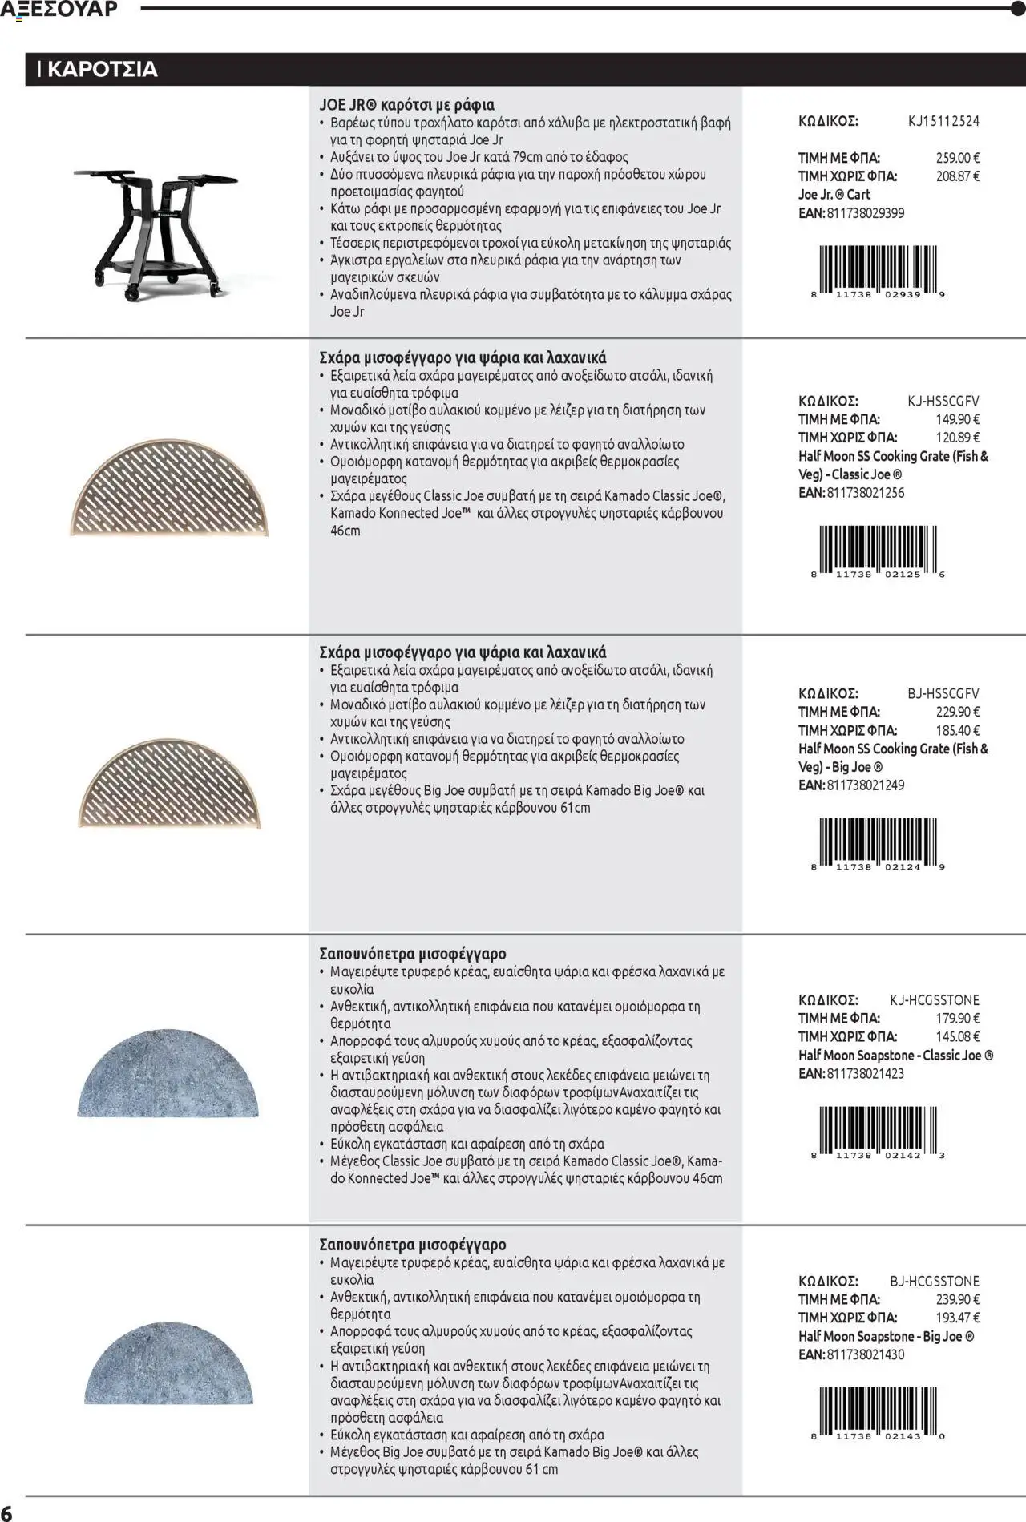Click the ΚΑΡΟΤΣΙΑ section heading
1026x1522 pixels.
[x=102, y=69]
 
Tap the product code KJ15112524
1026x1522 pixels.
[x=943, y=122]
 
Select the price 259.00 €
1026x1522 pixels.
[x=957, y=158]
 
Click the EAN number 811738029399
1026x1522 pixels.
[x=866, y=213]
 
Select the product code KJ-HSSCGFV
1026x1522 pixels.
[x=943, y=401]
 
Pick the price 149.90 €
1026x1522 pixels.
[x=957, y=419]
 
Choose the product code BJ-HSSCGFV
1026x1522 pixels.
[x=943, y=693]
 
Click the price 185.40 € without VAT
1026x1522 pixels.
[x=957, y=730]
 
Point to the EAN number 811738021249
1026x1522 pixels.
[x=866, y=785]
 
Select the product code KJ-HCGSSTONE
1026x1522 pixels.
[x=934, y=1000]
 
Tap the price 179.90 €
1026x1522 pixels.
[x=957, y=1019]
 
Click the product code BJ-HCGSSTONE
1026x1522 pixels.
[x=934, y=1281]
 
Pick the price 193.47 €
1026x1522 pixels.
[x=957, y=1318]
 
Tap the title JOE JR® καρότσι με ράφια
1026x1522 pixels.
[x=406, y=105]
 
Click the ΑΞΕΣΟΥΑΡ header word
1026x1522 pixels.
[x=59, y=9]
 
